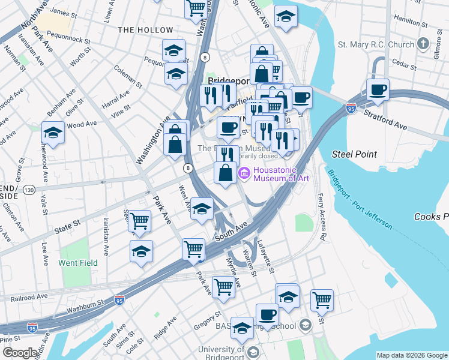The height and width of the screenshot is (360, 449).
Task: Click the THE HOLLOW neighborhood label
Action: (x=145, y=30)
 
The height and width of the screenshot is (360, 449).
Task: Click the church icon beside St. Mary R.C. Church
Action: (x=424, y=44)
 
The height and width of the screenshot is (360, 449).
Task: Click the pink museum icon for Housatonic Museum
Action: (x=244, y=174)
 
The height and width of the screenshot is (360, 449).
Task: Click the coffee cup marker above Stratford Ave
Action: (x=378, y=90)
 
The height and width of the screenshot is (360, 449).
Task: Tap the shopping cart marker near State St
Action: (x=140, y=220)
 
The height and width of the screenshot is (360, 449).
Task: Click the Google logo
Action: (x=20, y=352)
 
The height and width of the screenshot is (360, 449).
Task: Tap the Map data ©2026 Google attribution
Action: (x=412, y=355)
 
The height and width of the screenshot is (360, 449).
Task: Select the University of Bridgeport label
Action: (x=213, y=349)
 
